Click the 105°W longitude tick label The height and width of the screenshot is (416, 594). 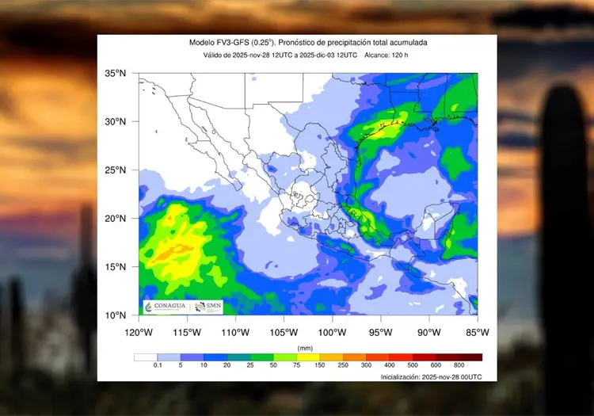pyautogui.click(x=284, y=331)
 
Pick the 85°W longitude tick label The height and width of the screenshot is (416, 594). pyautogui.click(x=477, y=331)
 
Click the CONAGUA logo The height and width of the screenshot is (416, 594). pyautogui.click(x=165, y=306)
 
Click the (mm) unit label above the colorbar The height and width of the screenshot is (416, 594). pyautogui.click(x=305, y=348)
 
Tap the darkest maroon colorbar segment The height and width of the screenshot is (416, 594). pyautogui.click(x=470, y=357)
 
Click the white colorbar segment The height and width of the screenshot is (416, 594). pyautogui.click(x=145, y=357)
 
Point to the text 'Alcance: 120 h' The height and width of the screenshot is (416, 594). pyautogui.click(x=390, y=55)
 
